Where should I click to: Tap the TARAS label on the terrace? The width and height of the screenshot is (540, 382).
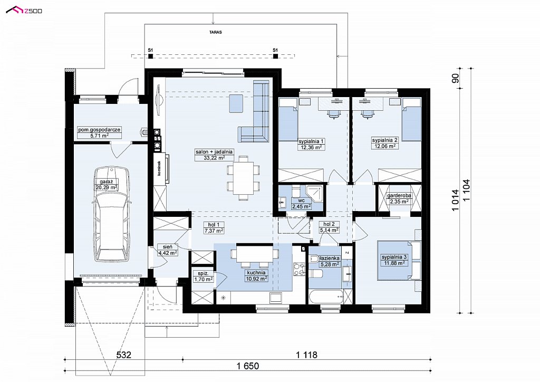pos(215,32)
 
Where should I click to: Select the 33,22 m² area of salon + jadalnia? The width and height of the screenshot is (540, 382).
pos(214,158)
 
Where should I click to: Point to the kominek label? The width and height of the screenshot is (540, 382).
pos(159,168)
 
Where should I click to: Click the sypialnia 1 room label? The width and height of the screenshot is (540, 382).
pos(311,141)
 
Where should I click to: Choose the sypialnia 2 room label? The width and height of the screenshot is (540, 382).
pos(384,140)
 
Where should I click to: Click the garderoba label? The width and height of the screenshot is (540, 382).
pos(399,195)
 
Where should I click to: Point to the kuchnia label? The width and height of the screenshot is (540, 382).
pos(256,272)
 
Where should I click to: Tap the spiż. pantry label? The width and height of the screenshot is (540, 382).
pos(203,273)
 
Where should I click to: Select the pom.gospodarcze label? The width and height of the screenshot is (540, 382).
pos(99,130)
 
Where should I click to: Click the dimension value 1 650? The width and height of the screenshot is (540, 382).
pos(248,366)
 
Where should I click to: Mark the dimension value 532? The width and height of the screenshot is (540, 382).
pos(123,355)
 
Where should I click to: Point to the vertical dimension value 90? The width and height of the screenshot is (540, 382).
pos(455,79)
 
